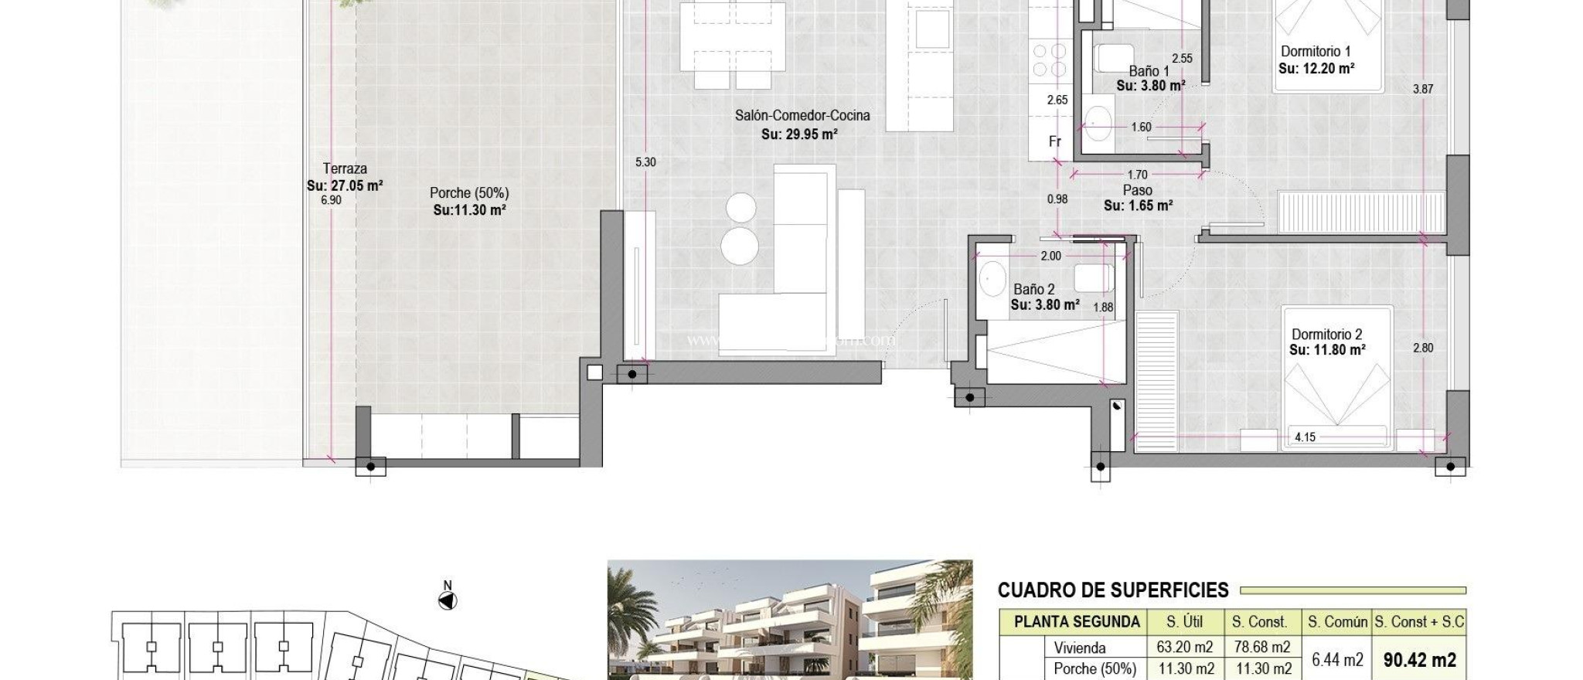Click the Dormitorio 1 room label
coord(1316,52)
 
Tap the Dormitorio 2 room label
coord(1327,335)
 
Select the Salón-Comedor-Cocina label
coord(802,116)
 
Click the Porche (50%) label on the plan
coord(469,193)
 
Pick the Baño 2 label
coord(1034,289)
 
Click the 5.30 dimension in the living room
coord(645,162)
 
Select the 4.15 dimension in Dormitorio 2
coord(1305,437)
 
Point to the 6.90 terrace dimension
coord(331,200)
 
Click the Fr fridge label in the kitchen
coord(1055,141)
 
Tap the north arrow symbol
coord(448,600)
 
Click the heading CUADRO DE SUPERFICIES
coord(1112,591)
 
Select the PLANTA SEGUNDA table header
coord(1077,622)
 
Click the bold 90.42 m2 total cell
coord(1419,659)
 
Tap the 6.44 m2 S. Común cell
coord(1337,659)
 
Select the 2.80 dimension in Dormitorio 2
coord(1423,348)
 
